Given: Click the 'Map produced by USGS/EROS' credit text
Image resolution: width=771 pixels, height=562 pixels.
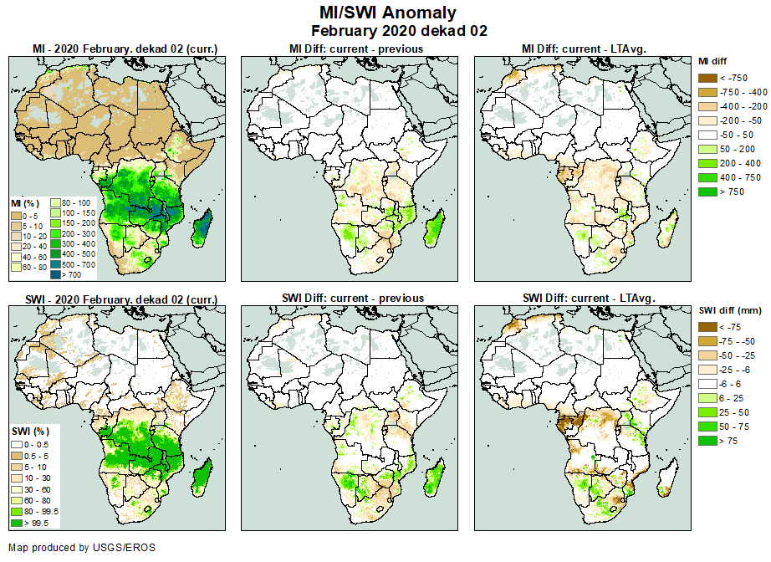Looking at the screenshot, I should pyautogui.click(x=82, y=548).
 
